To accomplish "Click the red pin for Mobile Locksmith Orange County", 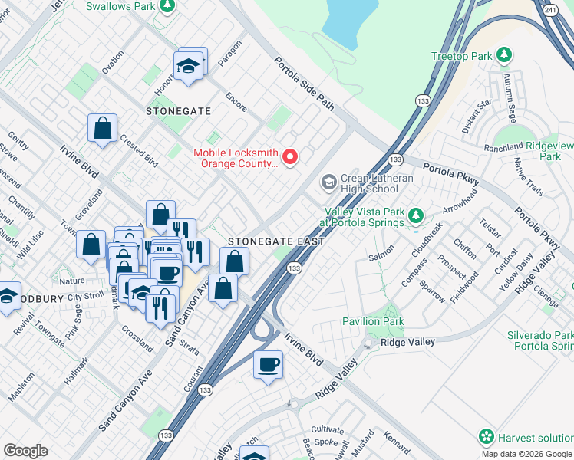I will (290, 157).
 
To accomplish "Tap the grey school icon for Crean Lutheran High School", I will (328, 182).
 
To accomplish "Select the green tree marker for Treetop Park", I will (504, 55).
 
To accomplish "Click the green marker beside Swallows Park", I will (166, 6).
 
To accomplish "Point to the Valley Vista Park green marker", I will (416, 215).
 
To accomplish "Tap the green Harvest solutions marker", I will (486, 437).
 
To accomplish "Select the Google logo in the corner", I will (25, 451).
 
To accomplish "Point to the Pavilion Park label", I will (372, 321).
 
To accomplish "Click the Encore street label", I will (236, 102).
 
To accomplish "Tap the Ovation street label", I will (112, 61).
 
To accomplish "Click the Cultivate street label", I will (328, 431).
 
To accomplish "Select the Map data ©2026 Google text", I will (526, 454).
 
